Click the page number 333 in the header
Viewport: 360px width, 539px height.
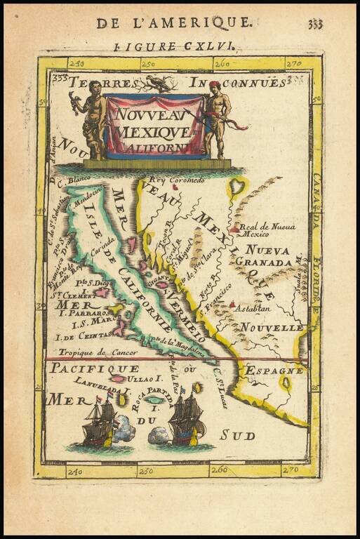[315, 24]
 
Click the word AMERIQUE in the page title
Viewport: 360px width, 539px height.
[208, 22]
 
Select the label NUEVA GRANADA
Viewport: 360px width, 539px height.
[268, 256]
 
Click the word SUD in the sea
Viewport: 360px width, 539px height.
[237, 435]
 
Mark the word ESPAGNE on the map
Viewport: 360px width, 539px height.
[274, 370]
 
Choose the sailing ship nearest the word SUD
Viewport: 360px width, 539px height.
[186, 420]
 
